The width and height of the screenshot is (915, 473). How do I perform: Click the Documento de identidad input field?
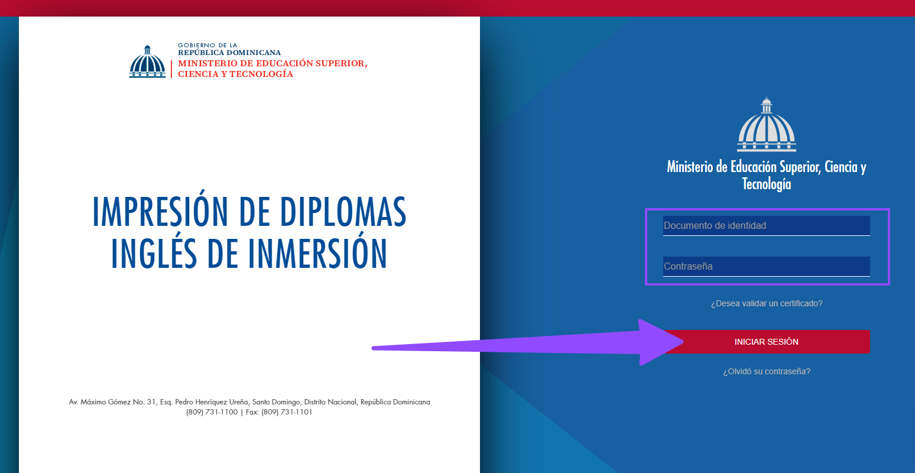[x=766, y=225]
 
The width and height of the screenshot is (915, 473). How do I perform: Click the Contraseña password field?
[x=766, y=266]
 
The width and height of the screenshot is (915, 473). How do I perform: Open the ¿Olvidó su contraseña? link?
[x=766, y=371]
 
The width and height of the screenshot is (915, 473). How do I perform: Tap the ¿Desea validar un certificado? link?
[x=766, y=303]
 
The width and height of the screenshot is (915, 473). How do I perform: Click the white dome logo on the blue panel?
[x=766, y=125]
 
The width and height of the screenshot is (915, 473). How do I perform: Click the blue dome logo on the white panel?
[x=147, y=61]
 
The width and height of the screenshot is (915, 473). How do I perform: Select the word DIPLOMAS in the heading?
[x=343, y=212]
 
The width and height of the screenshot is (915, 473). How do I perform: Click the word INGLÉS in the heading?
[x=154, y=253]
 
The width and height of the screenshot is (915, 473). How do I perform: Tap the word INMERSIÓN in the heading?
[x=317, y=253]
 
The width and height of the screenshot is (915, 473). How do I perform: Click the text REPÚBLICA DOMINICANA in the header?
[x=229, y=53]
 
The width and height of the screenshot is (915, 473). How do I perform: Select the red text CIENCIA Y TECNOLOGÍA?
[x=235, y=74]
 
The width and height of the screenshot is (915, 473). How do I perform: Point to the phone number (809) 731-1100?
[x=212, y=412]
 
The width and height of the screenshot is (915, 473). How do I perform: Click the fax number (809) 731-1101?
[x=287, y=412]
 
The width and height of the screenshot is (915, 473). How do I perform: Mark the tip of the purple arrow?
[x=683, y=342]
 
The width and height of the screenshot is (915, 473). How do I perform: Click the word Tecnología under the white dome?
[x=766, y=184]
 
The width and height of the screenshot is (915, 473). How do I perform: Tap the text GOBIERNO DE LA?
[x=207, y=45]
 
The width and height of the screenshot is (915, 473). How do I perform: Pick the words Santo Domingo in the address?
[x=276, y=402]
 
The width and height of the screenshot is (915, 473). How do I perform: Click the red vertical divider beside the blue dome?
[x=171, y=69]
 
